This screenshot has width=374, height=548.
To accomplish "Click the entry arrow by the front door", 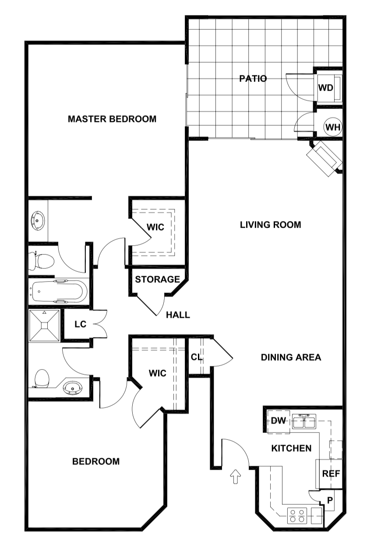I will pos(236,476).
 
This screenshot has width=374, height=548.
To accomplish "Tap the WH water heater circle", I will pos(332,127).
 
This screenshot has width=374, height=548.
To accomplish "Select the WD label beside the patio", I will pos(325,88).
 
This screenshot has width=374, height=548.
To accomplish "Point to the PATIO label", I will pos(253,79).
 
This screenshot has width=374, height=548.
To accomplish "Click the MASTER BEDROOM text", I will pos(112,119).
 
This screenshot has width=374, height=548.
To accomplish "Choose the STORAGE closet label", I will pos(157,279).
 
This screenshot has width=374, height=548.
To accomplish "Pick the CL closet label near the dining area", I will pos(196,357).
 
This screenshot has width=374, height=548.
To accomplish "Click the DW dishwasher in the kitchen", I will pos(279,421).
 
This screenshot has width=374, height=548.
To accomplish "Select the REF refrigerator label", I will pos(331,474).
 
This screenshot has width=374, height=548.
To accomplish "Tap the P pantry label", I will pos(330,500).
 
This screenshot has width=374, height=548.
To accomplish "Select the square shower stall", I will pos(44,325).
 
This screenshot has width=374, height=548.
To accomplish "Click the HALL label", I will pos(178,315).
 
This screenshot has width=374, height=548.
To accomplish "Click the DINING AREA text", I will pos(291,357).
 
